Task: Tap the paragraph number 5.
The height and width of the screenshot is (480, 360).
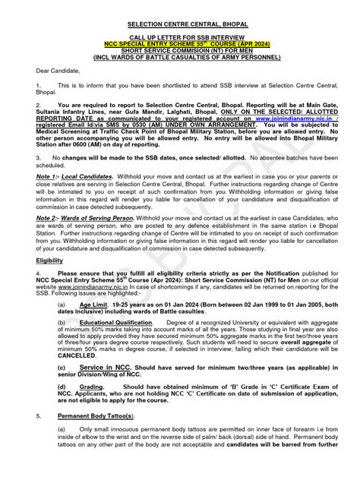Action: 38,416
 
